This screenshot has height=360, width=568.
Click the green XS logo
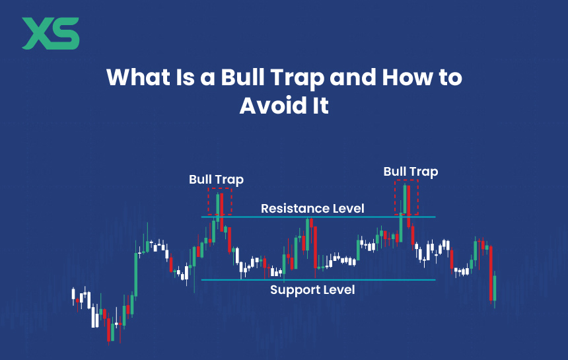click(x=51, y=33)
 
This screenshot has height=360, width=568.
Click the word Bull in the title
click(x=244, y=77)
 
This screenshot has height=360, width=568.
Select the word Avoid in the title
click(x=264, y=106)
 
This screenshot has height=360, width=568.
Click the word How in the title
click(x=407, y=77)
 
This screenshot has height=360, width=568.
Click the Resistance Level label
click(x=312, y=209)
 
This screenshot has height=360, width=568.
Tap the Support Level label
click(x=312, y=290)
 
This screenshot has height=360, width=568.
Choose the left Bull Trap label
click(x=216, y=180)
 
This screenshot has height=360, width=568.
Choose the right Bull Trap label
click(x=411, y=172)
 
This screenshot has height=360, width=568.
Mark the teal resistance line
click(x=318, y=217)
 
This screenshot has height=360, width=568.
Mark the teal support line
click(x=318, y=280)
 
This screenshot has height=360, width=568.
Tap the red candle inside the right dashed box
click(x=409, y=206)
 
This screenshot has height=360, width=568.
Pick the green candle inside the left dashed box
click(x=218, y=207)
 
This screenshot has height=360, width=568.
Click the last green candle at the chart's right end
click(x=495, y=288)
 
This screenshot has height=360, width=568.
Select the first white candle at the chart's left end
click(x=73, y=294)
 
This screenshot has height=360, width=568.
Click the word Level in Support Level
click(x=339, y=290)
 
